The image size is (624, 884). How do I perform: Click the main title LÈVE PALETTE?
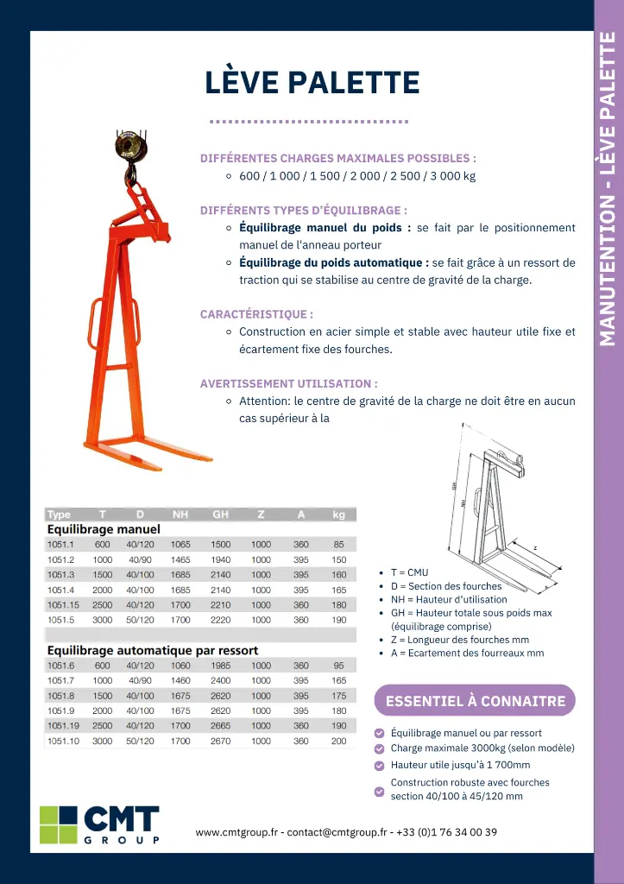(312, 83)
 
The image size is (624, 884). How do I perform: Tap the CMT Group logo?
(99, 824)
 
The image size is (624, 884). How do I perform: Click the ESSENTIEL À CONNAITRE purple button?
(475, 701)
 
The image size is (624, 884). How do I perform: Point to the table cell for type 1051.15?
(63, 605)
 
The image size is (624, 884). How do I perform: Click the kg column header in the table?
(338, 515)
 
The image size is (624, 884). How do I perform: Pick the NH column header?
(180, 515)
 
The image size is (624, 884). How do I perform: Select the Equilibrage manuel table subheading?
(104, 529)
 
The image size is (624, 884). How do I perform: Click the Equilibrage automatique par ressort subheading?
(152, 650)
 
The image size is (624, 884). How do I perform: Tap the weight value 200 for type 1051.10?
(338, 741)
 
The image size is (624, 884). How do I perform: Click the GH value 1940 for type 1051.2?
(220, 559)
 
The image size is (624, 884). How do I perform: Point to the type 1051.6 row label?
(61, 666)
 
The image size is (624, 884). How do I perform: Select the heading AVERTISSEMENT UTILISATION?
(288, 383)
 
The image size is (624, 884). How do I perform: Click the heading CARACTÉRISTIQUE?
(256, 314)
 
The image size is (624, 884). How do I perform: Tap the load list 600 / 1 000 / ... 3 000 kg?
(357, 176)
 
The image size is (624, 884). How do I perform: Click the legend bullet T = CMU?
(409, 572)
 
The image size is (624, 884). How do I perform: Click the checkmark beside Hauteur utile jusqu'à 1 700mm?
(380, 765)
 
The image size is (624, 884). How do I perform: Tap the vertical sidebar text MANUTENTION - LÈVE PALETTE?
(608, 188)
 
